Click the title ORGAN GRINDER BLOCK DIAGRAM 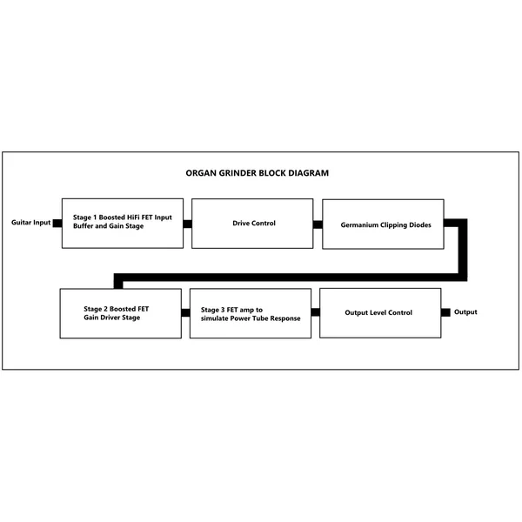(257, 173)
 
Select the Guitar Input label (31, 223)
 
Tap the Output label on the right (465, 312)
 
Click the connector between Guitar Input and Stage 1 (57, 223)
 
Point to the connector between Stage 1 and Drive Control (187, 224)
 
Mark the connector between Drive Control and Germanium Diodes (318, 224)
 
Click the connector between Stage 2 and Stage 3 (185, 312)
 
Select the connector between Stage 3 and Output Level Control (315, 312)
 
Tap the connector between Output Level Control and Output (445, 312)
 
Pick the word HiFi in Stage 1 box (133, 217)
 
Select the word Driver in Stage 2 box (110, 318)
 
